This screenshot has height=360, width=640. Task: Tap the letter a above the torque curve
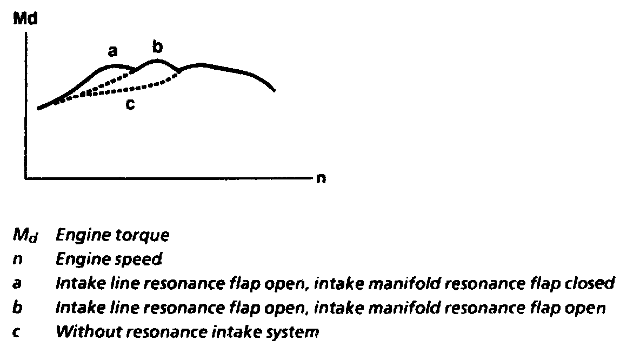tap(112, 52)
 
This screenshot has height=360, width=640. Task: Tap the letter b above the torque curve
tap(157, 48)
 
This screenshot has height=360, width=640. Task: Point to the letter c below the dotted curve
tap(130, 104)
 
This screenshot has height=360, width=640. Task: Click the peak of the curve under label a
tap(115, 65)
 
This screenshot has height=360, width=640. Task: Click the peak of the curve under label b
tap(157, 60)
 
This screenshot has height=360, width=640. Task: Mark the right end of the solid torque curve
tap(275, 90)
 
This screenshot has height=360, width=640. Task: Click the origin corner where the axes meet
tap(25, 177)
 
